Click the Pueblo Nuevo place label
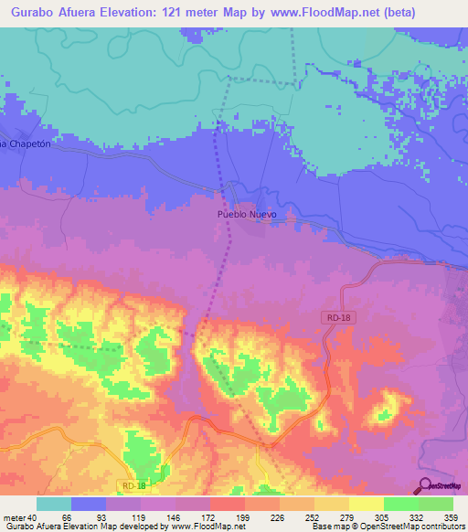pos(246,214)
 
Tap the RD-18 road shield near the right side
pos(335,316)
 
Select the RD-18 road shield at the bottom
pos(133,485)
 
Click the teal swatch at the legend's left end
pos(54,503)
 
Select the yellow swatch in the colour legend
pos(366,503)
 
